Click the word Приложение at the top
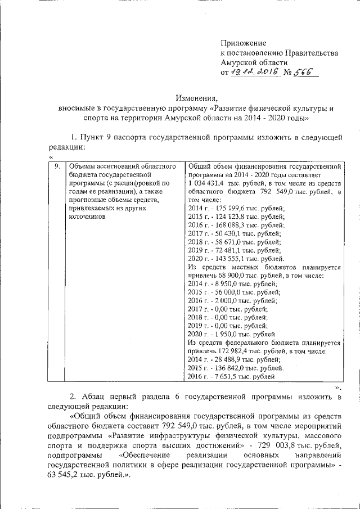pos(243,43)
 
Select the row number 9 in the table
pos(56,166)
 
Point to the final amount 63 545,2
pos(61,475)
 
